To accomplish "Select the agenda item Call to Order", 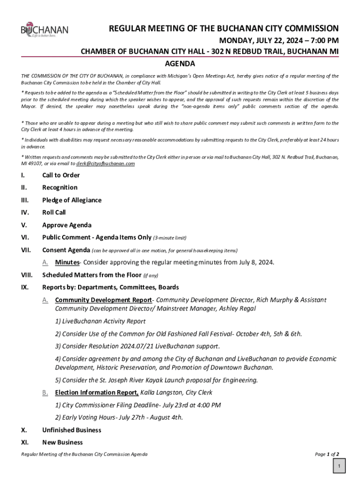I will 61,175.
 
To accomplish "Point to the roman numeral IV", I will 24,212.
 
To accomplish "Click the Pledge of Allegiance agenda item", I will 72,200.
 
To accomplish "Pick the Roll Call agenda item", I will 54,212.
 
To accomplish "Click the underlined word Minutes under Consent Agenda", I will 67,262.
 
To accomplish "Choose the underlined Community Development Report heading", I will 103,300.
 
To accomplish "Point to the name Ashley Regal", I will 236,309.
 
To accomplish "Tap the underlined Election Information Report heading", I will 96,392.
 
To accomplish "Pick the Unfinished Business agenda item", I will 72,430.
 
